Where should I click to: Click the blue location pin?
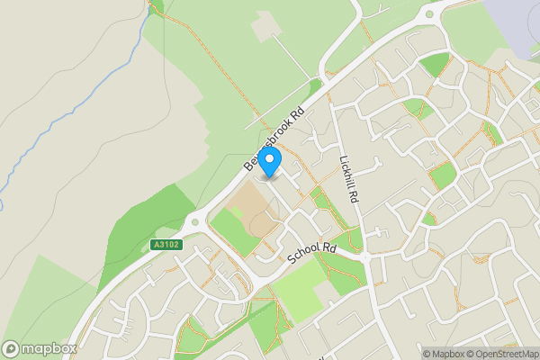(x=269, y=162)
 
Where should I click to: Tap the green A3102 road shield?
(x=166, y=244)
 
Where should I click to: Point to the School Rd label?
(x=311, y=254)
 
